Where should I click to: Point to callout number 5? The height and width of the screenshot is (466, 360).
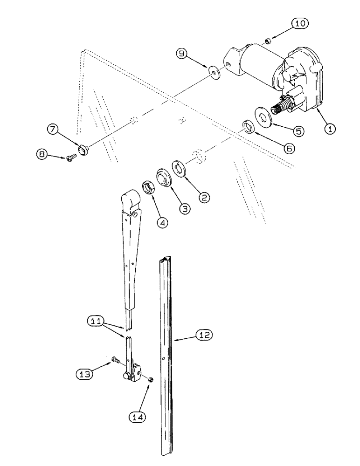click(x=297, y=132)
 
